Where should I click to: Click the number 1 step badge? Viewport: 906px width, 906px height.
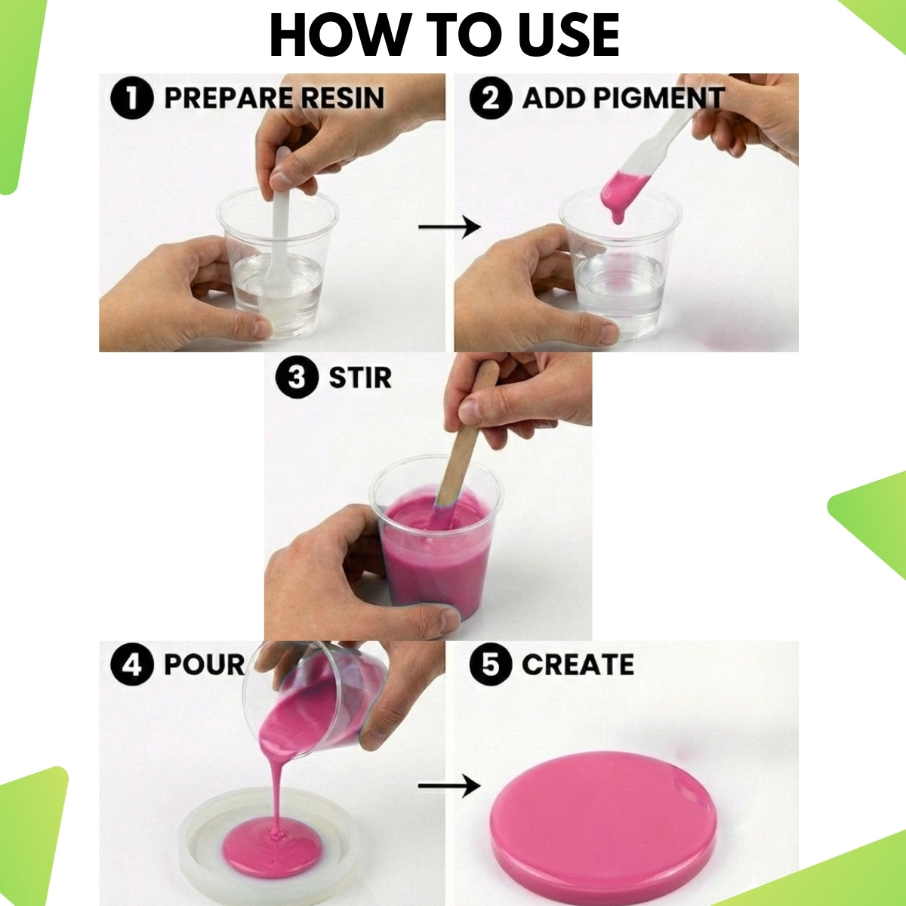(x=132, y=98)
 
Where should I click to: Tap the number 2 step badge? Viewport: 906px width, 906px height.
(x=491, y=98)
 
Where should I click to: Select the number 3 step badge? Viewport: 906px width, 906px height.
(x=297, y=377)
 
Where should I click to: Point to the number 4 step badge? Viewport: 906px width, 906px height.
(x=132, y=664)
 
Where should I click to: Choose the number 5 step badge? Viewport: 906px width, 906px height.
(x=491, y=664)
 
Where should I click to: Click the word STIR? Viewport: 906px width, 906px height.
(x=360, y=377)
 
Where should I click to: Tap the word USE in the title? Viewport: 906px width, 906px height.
(x=569, y=35)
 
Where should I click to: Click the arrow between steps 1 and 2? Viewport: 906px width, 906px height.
(x=449, y=227)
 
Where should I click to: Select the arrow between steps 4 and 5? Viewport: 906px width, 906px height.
(x=449, y=786)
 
